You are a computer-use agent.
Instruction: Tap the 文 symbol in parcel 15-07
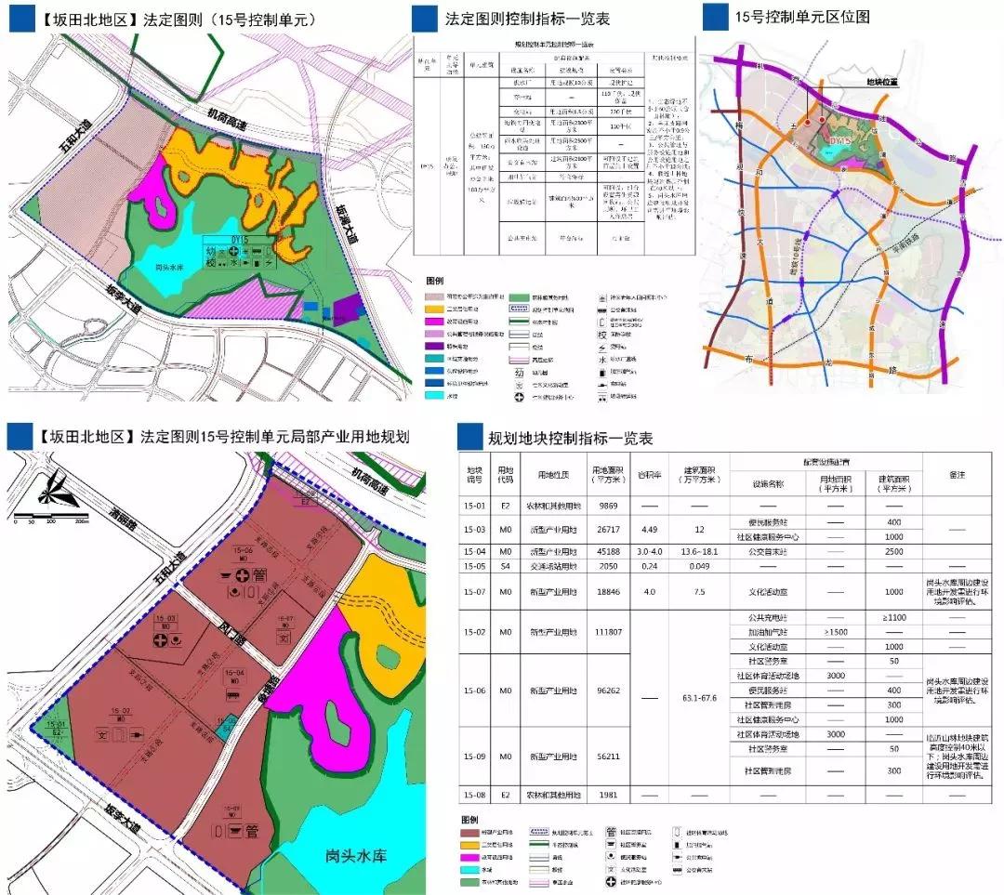pyautogui.click(x=286, y=638)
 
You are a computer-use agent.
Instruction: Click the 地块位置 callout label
pyautogui.click(x=883, y=82)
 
